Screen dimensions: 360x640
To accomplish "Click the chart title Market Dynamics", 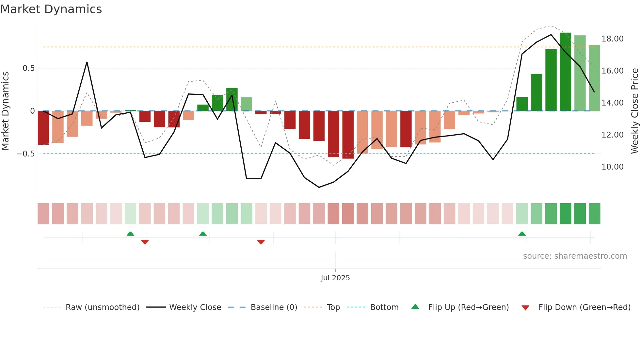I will click(51, 9).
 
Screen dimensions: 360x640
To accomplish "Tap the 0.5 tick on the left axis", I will click(28, 68).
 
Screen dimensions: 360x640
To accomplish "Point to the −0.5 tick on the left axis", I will click(26, 154).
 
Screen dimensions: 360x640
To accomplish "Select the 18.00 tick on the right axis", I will click(612, 39).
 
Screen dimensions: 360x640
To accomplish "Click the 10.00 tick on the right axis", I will click(612, 167).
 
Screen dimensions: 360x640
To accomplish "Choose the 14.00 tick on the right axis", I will click(612, 103).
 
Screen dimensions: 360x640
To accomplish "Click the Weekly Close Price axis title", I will click(634, 111).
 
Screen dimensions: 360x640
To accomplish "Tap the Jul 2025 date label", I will click(335, 278).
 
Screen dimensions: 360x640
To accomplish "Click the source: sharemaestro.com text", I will click(575, 256).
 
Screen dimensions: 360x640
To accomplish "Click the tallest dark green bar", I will click(565, 72).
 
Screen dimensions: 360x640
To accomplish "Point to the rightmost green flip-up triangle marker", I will click(522, 234).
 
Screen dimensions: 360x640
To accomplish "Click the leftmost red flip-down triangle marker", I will click(145, 242).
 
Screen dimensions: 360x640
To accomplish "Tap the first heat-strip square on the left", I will click(43, 214).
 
